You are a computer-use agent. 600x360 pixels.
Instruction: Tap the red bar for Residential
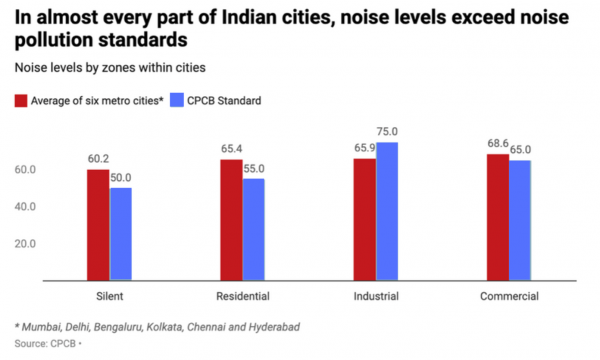click(231, 220)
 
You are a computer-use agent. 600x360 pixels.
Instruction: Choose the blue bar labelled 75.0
click(387, 211)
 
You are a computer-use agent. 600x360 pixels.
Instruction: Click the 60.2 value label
click(97, 158)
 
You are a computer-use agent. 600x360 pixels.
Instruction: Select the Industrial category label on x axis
click(376, 297)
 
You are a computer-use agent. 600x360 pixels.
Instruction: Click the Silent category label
click(108, 297)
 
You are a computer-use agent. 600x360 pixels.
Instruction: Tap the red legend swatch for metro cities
click(19, 100)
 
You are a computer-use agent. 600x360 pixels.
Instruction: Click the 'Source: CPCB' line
click(47, 343)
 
